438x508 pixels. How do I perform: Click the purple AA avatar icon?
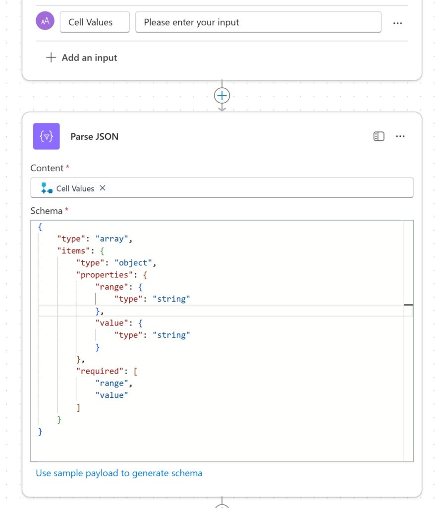[45, 21]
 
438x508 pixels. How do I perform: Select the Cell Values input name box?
[95, 22]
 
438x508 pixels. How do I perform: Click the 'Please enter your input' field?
[258, 22]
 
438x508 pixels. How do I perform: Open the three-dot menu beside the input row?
[397, 23]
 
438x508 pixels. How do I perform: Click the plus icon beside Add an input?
[51, 58]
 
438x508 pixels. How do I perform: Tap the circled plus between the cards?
[222, 96]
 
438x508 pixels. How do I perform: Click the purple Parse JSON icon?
[46, 136]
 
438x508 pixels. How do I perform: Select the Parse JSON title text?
[95, 136]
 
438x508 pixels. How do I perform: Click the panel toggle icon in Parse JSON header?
[379, 136]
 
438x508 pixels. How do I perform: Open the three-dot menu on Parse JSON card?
[400, 136]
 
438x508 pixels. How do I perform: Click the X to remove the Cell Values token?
[103, 188]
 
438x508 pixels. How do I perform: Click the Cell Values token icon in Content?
[47, 188]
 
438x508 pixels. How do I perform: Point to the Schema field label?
[46, 211]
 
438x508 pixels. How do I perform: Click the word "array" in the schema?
[111, 239]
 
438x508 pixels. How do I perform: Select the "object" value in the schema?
[133, 263]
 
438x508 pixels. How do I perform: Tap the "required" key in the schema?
[100, 371]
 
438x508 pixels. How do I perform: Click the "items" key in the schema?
[73, 251]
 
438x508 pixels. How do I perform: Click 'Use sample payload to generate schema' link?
[119, 473]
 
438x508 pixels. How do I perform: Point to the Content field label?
[47, 168]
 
